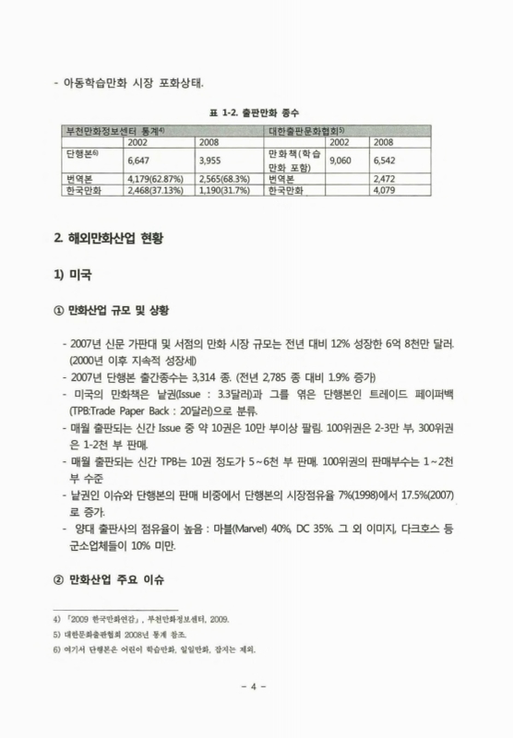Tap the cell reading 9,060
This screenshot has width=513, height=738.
click(x=340, y=159)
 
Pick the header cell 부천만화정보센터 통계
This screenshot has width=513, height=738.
click(x=113, y=131)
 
